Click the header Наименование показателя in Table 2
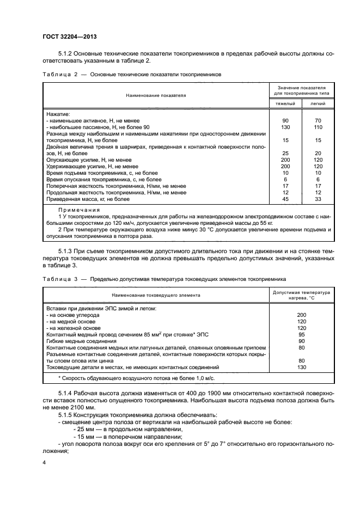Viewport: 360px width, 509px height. [x=156, y=95]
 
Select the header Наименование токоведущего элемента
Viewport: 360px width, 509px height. [x=156, y=295]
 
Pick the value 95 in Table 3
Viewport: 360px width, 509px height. [x=302, y=335]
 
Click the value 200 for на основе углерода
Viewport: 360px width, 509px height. [x=302, y=315]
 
